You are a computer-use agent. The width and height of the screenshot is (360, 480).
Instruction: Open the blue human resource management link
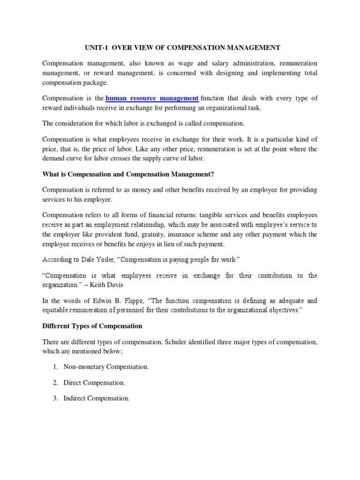(x=152, y=98)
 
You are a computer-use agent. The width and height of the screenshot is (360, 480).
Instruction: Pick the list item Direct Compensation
(x=94, y=383)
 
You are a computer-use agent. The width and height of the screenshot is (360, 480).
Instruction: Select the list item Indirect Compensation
(x=96, y=398)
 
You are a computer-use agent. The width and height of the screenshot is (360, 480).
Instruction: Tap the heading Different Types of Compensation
(x=92, y=326)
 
